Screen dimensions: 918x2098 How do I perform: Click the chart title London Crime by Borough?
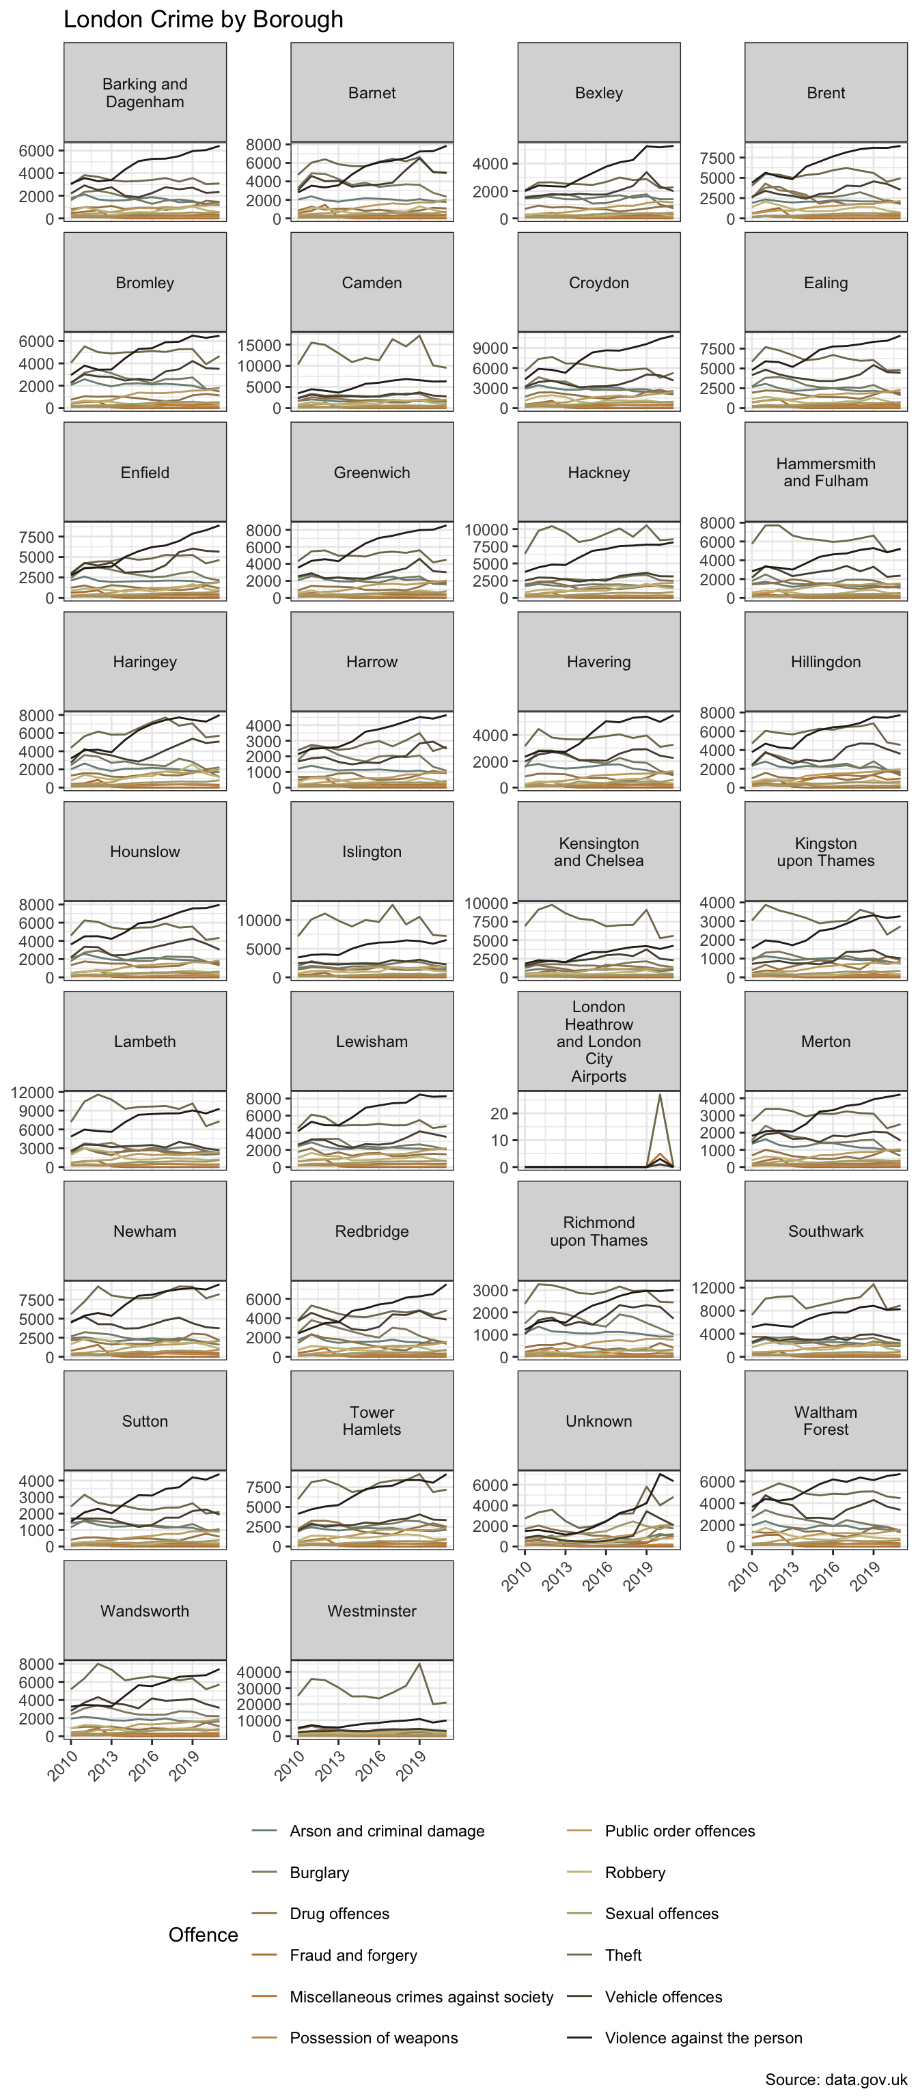point(204,20)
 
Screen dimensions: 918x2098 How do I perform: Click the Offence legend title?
point(203,1935)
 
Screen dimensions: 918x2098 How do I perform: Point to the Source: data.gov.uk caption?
point(836,2080)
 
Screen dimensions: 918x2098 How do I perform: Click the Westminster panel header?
point(372,1611)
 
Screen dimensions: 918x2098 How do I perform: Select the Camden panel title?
point(372,283)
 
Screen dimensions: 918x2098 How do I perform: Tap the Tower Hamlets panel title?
point(372,1421)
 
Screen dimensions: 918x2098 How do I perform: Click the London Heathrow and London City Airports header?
point(599,1041)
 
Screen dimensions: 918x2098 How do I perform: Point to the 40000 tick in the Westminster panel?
point(259,1672)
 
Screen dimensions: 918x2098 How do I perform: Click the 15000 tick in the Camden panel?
point(259,346)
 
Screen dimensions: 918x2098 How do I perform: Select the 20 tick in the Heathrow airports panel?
point(499,1114)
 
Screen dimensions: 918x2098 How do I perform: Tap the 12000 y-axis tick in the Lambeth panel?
point(33,1092)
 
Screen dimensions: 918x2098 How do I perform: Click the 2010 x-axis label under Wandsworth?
point(63,1765)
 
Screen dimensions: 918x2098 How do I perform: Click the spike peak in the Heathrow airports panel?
point(660,1094)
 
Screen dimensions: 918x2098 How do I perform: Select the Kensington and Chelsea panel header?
point(599,852)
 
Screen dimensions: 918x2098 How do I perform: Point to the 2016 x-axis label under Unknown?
point(597,1575)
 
